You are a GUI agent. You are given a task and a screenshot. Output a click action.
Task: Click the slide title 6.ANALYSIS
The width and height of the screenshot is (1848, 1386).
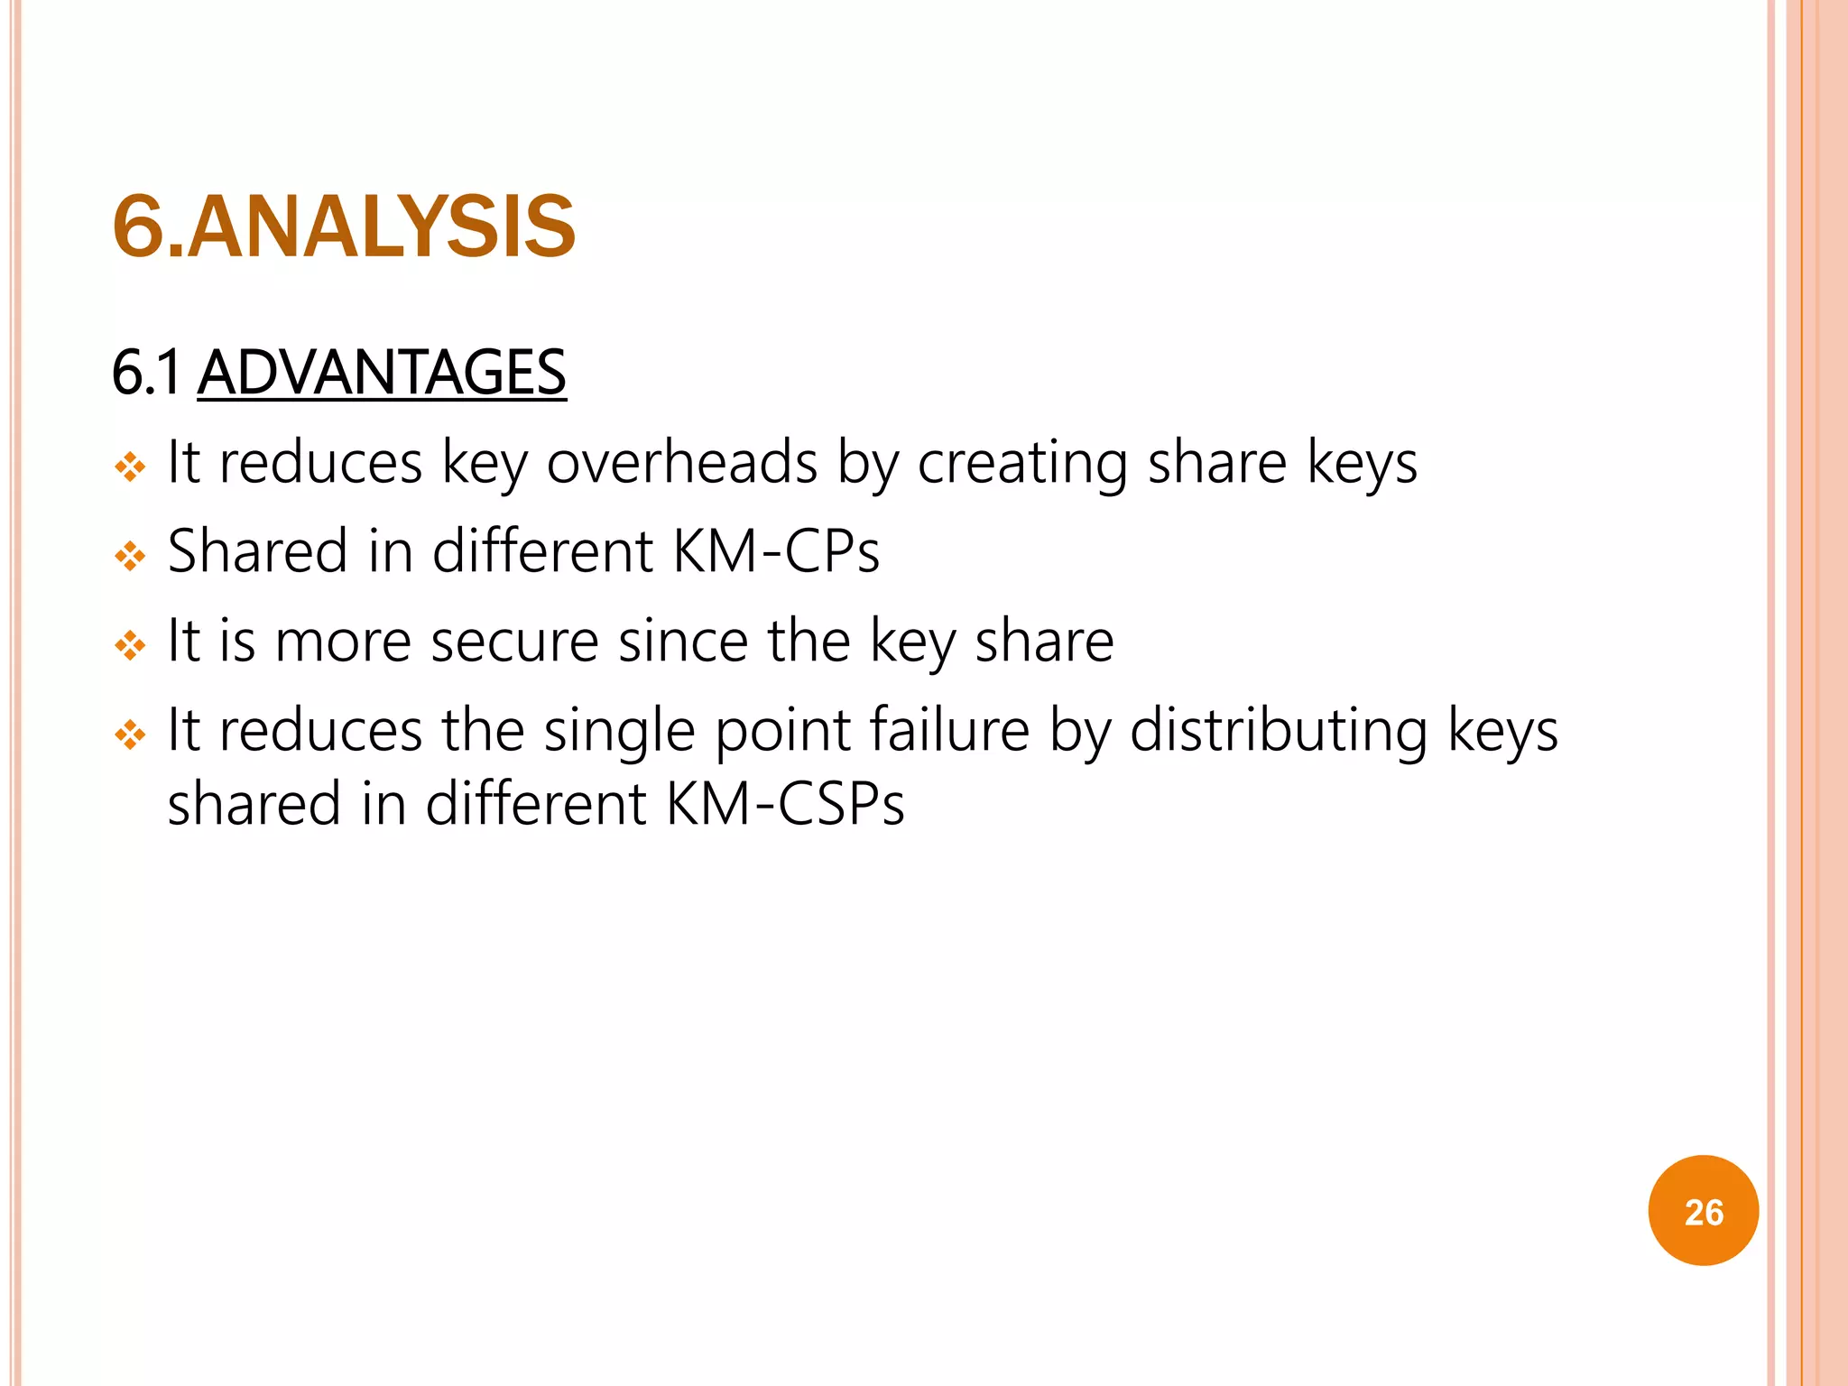pyautogui.click(x=344, y=226)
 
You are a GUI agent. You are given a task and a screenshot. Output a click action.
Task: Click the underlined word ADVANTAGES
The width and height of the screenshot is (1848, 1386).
pyautogui.click(x=382, y=373)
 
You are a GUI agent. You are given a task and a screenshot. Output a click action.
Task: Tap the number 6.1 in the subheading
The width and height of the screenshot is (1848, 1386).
pyautogui.click(x=146, y=373)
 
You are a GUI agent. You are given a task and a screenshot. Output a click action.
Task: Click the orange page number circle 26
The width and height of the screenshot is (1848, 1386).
pyautogui.click(x=1703, y=1211)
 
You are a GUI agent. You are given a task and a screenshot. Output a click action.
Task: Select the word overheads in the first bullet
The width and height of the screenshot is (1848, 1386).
pyautogui.click(x=682, y=463)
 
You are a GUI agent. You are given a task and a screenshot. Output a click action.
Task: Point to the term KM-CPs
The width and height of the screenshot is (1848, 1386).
pyautogui.click(x=776, y=551)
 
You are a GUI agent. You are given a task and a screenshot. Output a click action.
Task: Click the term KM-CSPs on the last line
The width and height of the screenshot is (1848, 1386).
pyautogui.click(x=785, y=804)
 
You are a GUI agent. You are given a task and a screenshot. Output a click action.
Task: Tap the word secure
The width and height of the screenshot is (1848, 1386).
pyautogui.click(x=514, y=642)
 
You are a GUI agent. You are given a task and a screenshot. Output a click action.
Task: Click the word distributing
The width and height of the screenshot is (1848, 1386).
pyautogui.click(x=1279, y=731)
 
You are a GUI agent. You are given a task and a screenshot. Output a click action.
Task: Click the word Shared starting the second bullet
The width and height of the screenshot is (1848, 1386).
pyautogui.click(x=258, y=551)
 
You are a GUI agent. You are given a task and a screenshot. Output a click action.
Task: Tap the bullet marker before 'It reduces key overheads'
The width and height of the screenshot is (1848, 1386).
pyautogui.click(x=130, y=467)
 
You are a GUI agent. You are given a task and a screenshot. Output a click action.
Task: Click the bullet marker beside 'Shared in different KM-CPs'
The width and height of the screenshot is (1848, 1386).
pyautogui.click(x=130, y=556)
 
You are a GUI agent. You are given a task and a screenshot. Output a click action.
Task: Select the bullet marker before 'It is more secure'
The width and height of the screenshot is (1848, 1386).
pyautogui.click(x=130, y=645)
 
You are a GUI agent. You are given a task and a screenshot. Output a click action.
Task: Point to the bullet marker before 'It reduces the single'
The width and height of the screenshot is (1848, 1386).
pyautogui.click(x=130, y=735)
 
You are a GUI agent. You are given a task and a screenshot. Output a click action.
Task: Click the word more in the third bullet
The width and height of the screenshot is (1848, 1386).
pyautogui.click(x=343, y=642)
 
